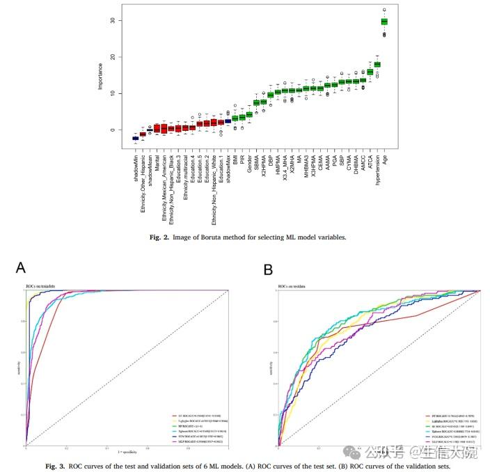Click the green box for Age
coord(384,22)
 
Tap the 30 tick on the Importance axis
coord(113,21)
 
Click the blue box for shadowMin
coord(136,139)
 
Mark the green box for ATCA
coord(370,72)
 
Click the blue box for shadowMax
coord(228,120)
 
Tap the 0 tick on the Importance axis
coord(113,130)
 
